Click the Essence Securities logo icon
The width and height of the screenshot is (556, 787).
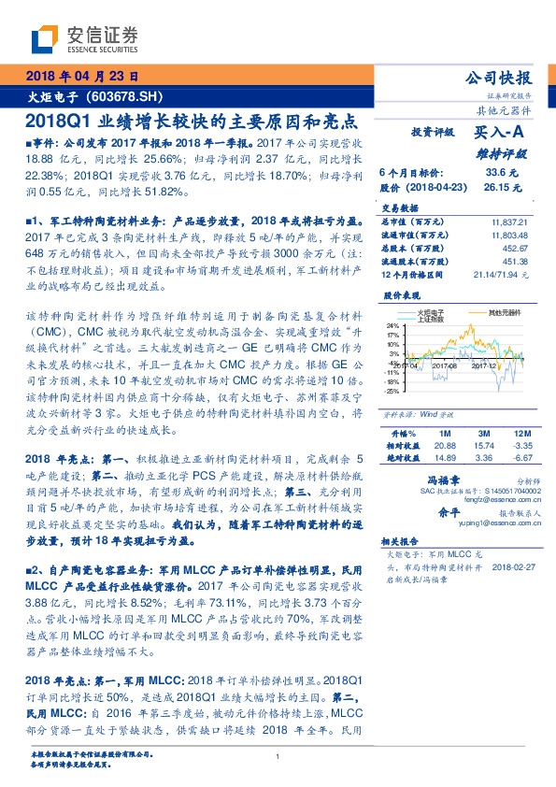[x=48, y=36]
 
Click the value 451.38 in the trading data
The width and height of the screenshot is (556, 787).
[x=515, y=263]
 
